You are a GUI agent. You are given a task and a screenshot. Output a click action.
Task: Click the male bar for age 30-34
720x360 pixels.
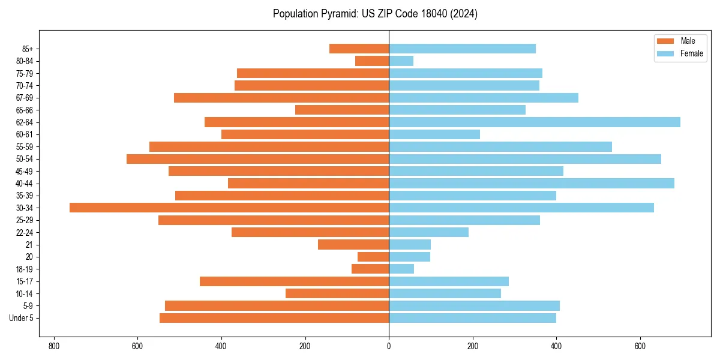[229, 208]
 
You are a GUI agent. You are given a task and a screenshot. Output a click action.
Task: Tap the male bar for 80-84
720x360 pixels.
[372, 61]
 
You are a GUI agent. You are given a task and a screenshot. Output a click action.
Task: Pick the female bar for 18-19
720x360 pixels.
[401, 269]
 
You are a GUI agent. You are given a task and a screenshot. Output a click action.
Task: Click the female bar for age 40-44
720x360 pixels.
[532, 183]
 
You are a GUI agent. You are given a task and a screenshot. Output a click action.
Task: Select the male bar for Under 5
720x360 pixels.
[274, 318]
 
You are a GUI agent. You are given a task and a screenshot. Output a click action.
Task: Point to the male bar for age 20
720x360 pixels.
[373, 257]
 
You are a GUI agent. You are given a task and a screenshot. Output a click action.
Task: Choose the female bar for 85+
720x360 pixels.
[462, 49]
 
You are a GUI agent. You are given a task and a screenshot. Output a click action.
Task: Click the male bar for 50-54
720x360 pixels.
[258, 159]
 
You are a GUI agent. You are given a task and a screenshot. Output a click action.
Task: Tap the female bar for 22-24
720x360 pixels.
[428, 232]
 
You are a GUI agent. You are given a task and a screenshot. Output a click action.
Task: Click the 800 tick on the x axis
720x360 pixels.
[54, 346]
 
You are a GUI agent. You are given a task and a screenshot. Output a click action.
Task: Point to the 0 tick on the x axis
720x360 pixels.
[389, 346]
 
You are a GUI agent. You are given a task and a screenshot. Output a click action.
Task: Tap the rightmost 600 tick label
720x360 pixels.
[640, 346]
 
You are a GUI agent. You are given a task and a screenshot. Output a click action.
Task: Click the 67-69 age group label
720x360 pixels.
[25, 98]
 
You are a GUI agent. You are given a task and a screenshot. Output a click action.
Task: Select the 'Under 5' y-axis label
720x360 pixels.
[21, 318]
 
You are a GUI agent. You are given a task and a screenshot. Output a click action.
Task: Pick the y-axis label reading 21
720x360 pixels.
[29, 245]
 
